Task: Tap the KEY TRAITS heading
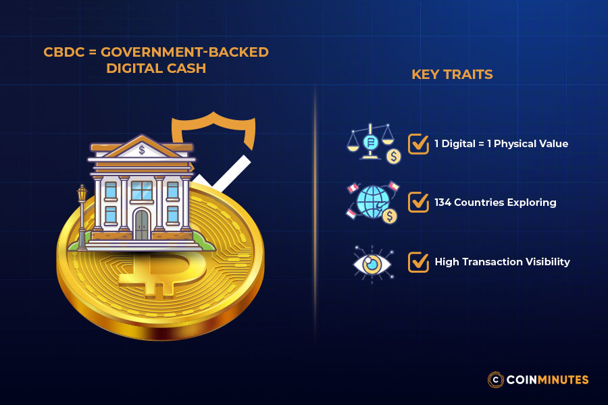(452, 74)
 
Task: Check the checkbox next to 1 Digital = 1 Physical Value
(418, 144)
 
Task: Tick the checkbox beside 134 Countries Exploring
(418, 202)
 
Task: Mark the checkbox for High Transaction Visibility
(418, 261)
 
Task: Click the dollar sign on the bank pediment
(141, 150)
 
